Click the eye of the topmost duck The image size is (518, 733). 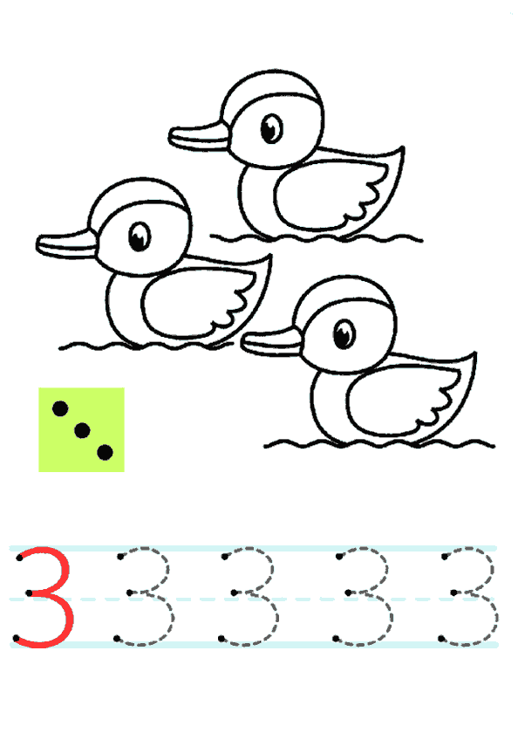click(x=271, y=128)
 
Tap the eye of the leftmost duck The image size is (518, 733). click(x=140, y=236)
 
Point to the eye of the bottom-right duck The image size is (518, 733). click(x=344, y=333)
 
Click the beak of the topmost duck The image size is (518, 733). click(x=200, y=136)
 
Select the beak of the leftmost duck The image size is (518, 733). click(x=67, y=243)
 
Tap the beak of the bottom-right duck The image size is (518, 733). click(x=272, y=342)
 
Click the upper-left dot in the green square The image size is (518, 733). click(x=60, y=408)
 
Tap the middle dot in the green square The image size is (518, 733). click(x=82, y=430)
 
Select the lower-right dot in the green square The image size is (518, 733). click(x=105, y=452)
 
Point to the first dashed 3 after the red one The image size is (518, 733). click(x=169, y=569)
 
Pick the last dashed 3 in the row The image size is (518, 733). click(x=494, y=569)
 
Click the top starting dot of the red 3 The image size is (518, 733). click(x=19, y=558)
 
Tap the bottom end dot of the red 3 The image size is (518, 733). click(x=17, y=638)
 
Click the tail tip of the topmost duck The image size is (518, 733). click(x=403, y=147)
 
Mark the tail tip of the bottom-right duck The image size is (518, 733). click(x=475, y=353)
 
